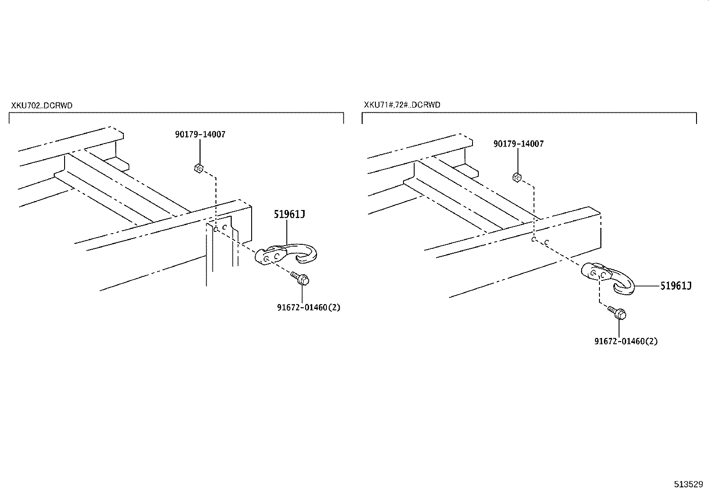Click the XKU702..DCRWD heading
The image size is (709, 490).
point(42,106)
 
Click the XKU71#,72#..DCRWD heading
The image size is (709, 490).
point(402,105)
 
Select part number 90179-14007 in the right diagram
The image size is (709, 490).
point(518,144)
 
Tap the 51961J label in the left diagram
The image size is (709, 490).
point(289,214)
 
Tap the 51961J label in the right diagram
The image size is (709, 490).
point(675,286)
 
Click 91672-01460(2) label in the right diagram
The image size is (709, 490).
point(626,342)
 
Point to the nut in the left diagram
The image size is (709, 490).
point(199,169)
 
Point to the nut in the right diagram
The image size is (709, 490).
point(517,177)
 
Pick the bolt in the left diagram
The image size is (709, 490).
point(301,279)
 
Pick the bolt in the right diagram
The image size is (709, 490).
point(618,313)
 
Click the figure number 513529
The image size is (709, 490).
point(688,484)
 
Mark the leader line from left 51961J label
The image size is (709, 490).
point(286,232)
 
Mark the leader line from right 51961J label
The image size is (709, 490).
point(646,285)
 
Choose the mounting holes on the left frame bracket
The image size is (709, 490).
point(221,228)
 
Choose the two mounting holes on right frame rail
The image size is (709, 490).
point(540,241)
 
